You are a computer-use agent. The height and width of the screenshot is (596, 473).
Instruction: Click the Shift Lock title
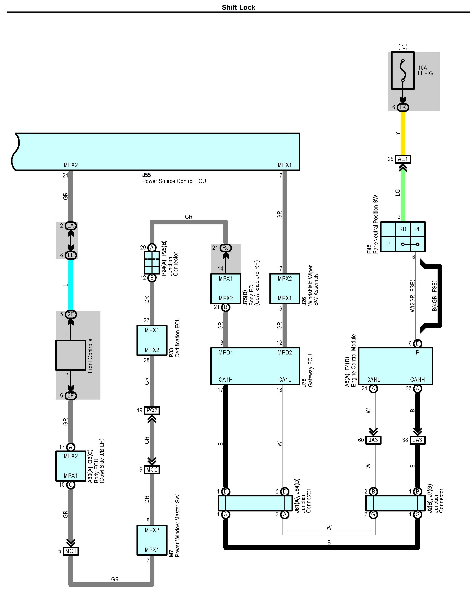click(238, 8)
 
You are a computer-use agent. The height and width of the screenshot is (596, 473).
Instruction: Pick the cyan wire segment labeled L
click(71, 285)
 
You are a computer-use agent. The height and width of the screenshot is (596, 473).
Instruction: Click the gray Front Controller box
click(71, 355)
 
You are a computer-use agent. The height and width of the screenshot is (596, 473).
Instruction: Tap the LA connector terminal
click(71, 226)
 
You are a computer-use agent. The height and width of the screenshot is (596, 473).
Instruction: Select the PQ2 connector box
click(152, 410)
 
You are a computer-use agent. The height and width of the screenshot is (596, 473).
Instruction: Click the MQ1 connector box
click(71, 551)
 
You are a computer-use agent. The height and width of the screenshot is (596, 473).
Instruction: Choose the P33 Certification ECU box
click(152, 340)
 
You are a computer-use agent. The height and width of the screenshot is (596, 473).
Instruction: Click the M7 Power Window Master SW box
click(152, 540)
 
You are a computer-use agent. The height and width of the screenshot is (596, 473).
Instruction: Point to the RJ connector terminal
click(225, 248)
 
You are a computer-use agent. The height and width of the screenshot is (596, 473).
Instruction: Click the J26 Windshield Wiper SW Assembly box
click(284, 289)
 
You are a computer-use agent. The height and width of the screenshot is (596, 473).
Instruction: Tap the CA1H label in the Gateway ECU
click(225, 380)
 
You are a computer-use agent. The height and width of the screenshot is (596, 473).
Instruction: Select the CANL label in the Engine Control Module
click(373, 380)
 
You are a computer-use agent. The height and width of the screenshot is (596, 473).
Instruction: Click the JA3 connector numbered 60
click(373, 440)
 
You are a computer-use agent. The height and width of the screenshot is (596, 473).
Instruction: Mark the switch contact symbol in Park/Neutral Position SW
click(410, 244)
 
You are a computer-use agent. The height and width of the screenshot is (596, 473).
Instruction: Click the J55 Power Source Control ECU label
click(174, 178)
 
